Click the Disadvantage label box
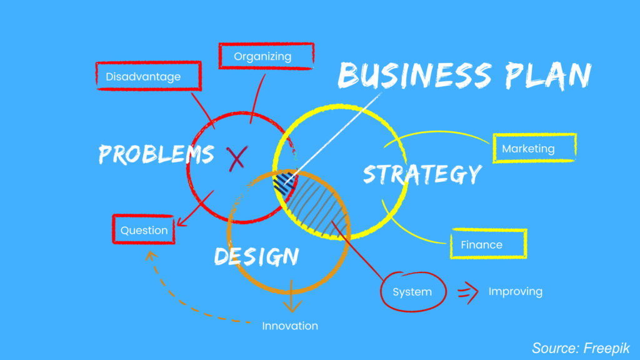(149, 76)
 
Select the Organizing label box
(266, 56)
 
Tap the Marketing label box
(535, 148)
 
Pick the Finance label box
(489, 244)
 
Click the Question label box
(144, 229)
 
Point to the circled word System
(413, 291)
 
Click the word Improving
(516, 291)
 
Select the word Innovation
(290, 326)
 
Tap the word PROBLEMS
(156, 154)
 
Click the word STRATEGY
(422, 174)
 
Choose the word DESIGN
(257, 256)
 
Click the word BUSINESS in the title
(415, 75)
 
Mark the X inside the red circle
(237, 158)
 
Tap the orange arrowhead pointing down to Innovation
(292, 306)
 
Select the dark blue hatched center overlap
(285, 184)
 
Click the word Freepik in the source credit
(606, 348)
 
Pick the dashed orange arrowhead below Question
(151, 256)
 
